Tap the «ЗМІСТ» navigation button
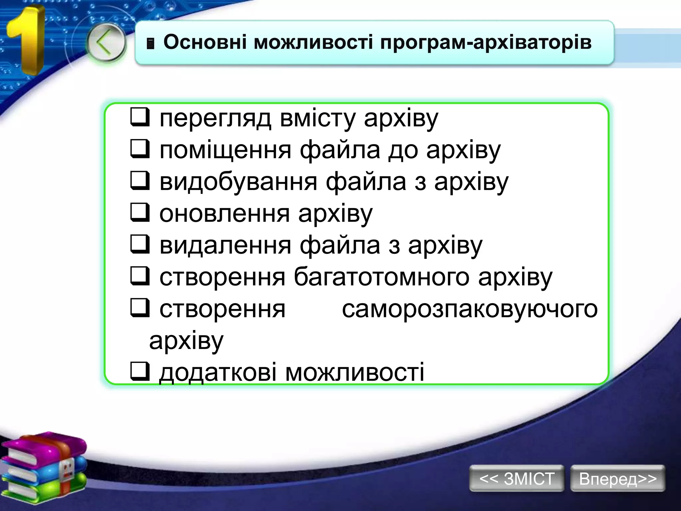tap(516, 479)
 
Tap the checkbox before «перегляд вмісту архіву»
tap(139, 117)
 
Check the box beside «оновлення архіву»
tap(139, 213)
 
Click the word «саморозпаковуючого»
tap(470, 309)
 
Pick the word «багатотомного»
tap(381, 277)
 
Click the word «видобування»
tap(238, 182)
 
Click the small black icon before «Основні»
tap(151, 44)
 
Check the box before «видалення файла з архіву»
tap(139, 244)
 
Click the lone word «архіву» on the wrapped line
tap(186, 341)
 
